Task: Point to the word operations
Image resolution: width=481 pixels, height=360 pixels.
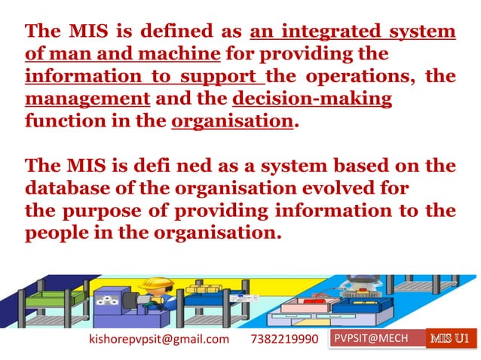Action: point(360,77)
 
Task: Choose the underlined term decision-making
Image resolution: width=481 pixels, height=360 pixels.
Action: point(313,99)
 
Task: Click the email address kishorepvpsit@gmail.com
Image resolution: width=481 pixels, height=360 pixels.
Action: point(159,339)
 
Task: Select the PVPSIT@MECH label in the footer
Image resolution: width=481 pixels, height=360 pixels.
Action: point(371,338)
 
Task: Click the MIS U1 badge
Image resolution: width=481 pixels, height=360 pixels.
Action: point(452,338)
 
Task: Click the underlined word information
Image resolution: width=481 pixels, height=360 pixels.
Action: point(76,77)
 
